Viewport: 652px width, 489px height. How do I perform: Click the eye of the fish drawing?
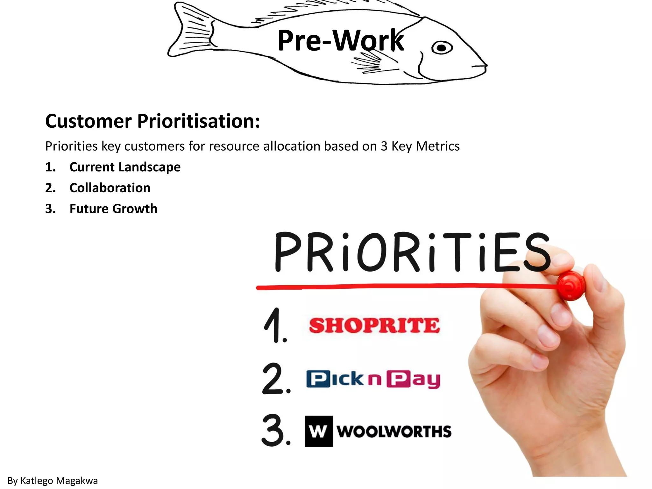pyautogui.click(x=442, y=48)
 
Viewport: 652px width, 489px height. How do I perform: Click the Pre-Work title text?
pyautogui.click(x=340, y=40)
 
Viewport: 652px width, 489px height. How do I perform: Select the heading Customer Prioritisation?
pyautogui.click(x=152, y=121)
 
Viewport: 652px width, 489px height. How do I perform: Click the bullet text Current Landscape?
pyautogui.click(x=125, y=167)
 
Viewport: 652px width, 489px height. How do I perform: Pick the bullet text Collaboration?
pyautogui.click(x=110, y=188)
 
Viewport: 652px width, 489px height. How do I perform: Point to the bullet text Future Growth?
pyautogui.click(x=113, y=209)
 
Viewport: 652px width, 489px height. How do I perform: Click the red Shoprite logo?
pyautogui.click(x=374, y=325)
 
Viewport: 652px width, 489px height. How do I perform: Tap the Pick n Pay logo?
pyautogui.click(x=373, y=379)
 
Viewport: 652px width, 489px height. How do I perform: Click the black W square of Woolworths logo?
pyautogui.click(x=319, y=431)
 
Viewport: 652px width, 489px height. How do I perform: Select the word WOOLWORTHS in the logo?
pyautogui.click(x=394, y=432)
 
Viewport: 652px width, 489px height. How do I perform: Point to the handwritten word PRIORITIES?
pyautogui.click(x=412, y=252)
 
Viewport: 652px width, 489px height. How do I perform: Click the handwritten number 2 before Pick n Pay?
pyautogui.click(x=276, y=379)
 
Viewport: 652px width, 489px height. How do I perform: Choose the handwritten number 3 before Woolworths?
pyautogui.click(x=276, y=430)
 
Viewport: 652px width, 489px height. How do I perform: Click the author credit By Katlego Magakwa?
pyautogui.click(x=53, y=480)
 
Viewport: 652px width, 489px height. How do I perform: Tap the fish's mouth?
pyautogui.click(x=482, y=66)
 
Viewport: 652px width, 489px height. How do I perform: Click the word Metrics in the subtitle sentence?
pyautogui.click(x=438, y=146)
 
